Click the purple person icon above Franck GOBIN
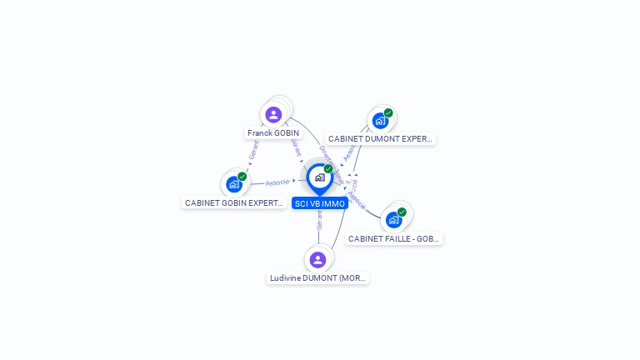pyautogui.click(x=273, y=115)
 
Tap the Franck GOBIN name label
pyautogui.click(x=273, y=133)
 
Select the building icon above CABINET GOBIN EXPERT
pyautogui.click(x=233, y=184)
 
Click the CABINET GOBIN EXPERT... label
pyautogui.click(x=234, y=202)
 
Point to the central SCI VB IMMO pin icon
pyautogui.click(x=319, y=177)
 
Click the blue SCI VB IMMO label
pyautogui.click(x=320, y=203)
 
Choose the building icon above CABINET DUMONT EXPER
pyautogui.click(x=380, y=120)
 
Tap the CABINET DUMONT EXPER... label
pyautogui.click(x=380, y=139)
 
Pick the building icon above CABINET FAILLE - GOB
pyautogui.click(x=393, y=220)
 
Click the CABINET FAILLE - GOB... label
pyautogui.click(x=393, y=238)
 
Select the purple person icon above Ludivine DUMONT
pyautogui.click(x=317, y=259)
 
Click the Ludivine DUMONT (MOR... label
pyautogui.click(x=317, y=277)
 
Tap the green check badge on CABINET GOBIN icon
pyautogui.click(x=242, y=177)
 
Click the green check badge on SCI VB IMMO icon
pyautogui.click(x=328, y=169)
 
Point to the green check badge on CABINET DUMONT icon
pyautogui.click(x=388, y=112)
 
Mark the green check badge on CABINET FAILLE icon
pyautogui.click(x=402, y=212)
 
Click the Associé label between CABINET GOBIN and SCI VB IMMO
pyautogui.click(x=277, y=182)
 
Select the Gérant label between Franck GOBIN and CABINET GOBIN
pyautogui.click(x=252, y=151)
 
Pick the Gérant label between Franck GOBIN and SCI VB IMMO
pyautogui.click(x=295, y=147)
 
